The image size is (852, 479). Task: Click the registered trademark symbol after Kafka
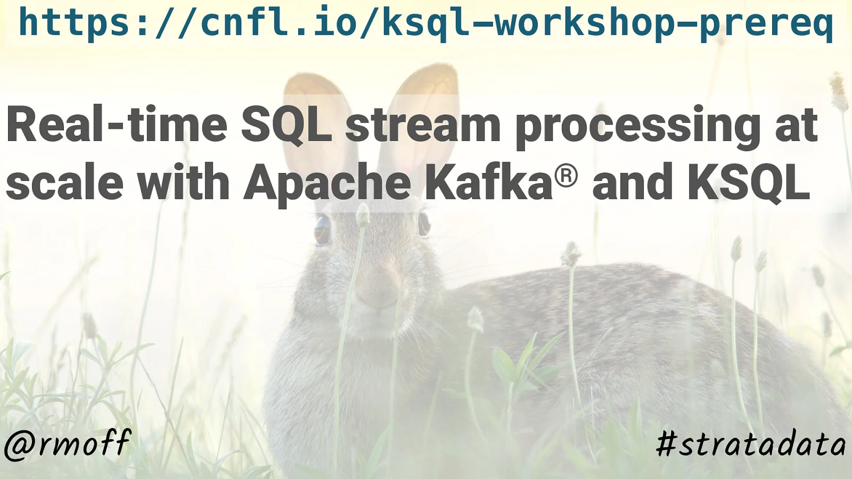[x=566, y=176]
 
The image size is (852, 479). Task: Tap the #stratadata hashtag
[x=751, y=444]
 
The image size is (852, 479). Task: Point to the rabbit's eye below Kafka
[x=424, y=224]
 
